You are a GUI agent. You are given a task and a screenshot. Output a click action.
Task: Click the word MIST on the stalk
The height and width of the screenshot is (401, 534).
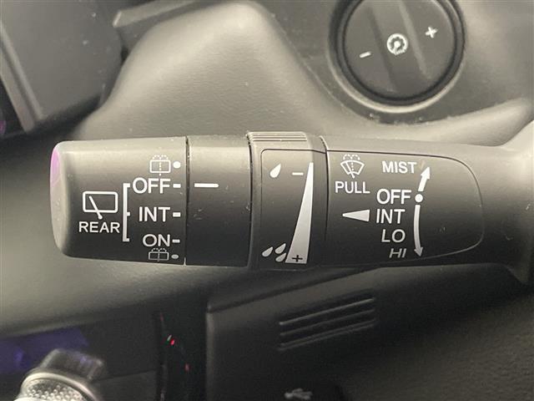coord(399,167)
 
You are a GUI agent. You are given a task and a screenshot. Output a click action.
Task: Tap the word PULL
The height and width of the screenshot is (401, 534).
coord(352,187)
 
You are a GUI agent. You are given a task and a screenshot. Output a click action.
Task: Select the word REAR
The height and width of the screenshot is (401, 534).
coord(99,227)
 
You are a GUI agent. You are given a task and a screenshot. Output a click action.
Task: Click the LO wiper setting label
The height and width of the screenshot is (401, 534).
coord(393,236)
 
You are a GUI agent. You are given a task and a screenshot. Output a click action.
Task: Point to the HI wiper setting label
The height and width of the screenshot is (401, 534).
coord(398,253)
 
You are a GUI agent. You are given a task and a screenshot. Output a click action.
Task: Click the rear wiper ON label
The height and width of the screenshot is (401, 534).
coord(156,241)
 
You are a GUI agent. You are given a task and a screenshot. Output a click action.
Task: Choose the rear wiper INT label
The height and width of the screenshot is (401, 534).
coord(154,215)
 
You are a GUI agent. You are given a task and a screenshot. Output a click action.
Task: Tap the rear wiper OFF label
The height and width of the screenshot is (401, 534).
coord(151,185)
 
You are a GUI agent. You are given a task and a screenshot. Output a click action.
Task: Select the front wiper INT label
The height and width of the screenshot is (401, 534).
coord(390,216)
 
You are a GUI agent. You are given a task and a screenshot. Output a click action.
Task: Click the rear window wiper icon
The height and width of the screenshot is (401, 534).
coord(100,205)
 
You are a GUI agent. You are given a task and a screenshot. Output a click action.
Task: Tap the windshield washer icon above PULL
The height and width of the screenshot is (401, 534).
coord(352,165)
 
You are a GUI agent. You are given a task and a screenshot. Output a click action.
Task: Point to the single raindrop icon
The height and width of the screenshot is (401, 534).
coord(275,170)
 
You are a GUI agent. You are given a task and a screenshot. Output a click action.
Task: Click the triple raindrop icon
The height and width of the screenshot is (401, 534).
coord(275,252)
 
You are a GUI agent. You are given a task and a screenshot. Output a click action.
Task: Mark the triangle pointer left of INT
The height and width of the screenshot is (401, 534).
coord(356,216)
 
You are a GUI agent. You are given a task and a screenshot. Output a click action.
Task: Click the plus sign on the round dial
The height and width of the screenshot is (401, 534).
coord(431,33)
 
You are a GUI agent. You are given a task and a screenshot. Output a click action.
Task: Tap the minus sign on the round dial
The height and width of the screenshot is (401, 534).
coord(365,54)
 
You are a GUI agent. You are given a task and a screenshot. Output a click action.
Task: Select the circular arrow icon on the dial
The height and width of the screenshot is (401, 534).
coord(397,44)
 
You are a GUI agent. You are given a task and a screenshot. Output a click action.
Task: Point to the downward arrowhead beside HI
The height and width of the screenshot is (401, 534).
coord(419,251)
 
